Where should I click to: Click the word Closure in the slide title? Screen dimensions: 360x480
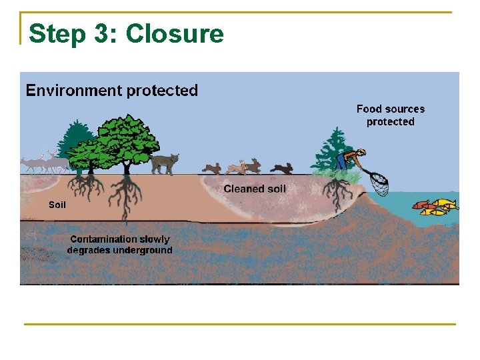point(175,33)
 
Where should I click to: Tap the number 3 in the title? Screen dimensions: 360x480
point(103,33)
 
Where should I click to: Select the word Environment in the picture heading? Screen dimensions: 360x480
point(72,91)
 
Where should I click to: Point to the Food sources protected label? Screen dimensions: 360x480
point(390,115)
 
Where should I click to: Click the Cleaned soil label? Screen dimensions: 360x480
point(255,189)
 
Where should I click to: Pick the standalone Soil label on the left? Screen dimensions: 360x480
point(57,205)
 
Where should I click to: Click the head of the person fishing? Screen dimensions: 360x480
point(361,153)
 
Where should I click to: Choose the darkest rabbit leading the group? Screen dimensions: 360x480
point(282,169)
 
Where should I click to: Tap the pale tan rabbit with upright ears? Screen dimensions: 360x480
point(255,167)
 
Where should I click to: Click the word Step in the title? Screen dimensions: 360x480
point(57,33)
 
